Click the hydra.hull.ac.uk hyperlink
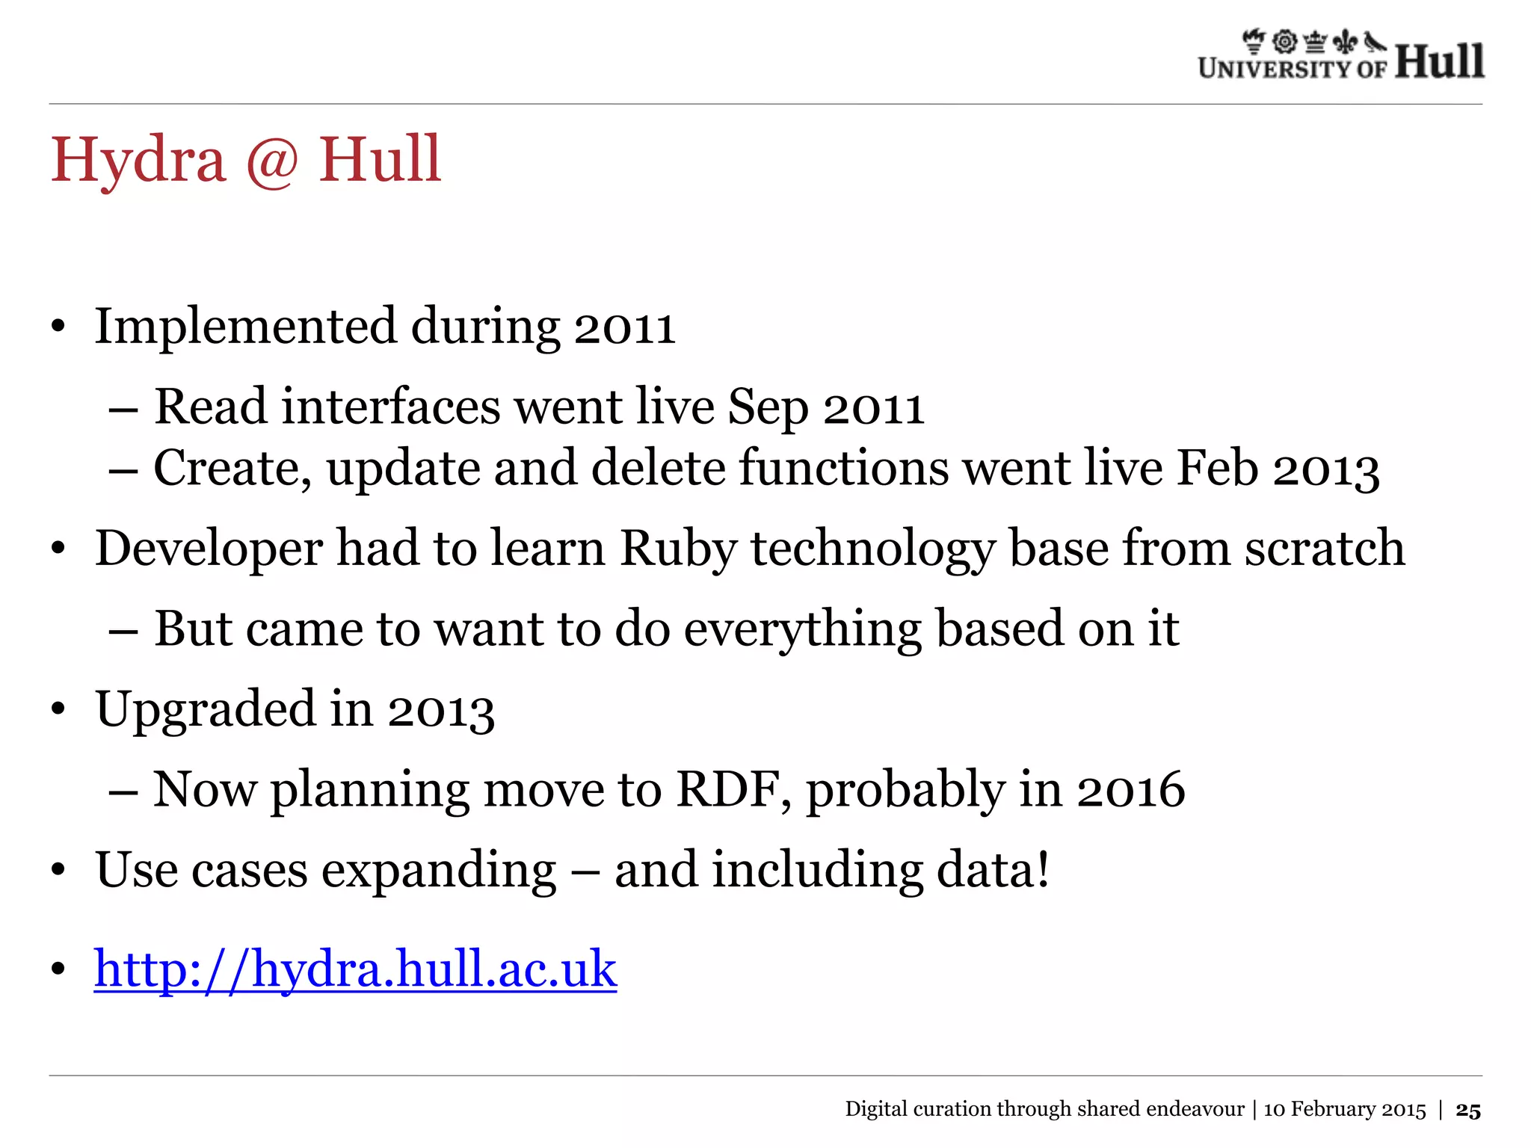(355, 969)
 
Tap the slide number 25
(1468, 1111)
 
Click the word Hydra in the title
(138, 161)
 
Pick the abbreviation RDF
(733, 789)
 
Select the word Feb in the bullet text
(1218, 469)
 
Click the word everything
(802, 630)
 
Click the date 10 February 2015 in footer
(1344, 1110)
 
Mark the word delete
(659, 469)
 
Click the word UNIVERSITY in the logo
(1275, 70)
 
